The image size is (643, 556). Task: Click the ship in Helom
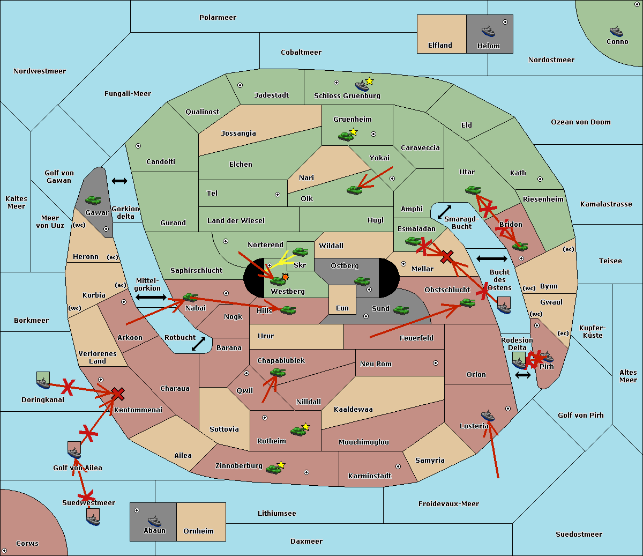(x=488, y=31)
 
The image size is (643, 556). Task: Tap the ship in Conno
(x=616, y=31)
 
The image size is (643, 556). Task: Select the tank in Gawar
(x=93, y=200)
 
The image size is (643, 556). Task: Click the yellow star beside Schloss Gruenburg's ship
(x=369, y=81)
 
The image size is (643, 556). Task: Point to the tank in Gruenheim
(x=346, y=136)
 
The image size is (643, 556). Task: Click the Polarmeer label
(x=218, y=18)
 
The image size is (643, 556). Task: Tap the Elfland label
(x=440, y=46)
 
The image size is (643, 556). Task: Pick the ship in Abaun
(x=154, y=521)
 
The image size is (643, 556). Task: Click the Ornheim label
(x=198, y=531)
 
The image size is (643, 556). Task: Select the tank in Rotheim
(x=298, y=431)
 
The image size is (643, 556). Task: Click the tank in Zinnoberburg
(x=274, y=470)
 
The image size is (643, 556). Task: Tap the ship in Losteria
(x=488, y=416)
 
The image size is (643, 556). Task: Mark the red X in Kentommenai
(x=118, y=394)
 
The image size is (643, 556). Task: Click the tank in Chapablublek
(x=278, y=372)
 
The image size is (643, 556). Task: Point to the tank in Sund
(x=401, y=310)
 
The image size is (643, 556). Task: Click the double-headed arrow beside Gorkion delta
(x=119, y=181)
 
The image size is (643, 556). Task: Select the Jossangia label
(x=238, y=134)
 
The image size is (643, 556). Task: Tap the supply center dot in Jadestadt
(x=240, y=85)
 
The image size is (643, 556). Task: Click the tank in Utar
(x=473, y=190)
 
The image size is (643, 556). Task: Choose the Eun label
(x=342, y=308)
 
